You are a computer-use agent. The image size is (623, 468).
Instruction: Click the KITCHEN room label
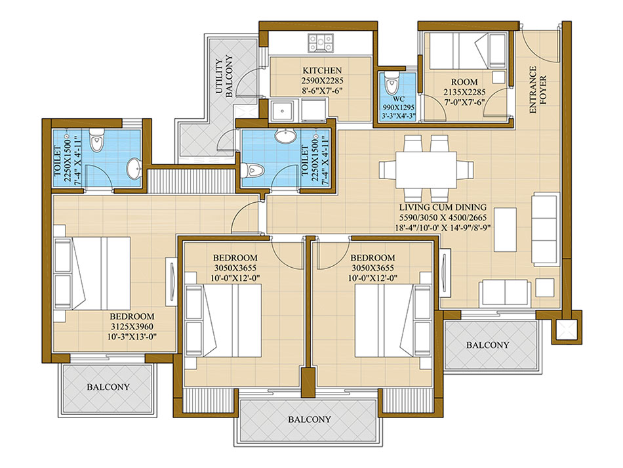322,70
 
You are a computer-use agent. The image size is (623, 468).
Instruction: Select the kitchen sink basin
283,110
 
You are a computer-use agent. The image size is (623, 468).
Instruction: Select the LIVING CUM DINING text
443,207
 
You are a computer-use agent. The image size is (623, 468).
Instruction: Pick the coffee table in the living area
505,230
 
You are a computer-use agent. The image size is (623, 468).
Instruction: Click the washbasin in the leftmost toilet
134,169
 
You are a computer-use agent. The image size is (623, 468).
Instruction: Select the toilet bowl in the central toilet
252,171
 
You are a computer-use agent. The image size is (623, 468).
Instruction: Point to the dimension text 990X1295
399,108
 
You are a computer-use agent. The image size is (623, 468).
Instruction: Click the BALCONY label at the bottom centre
310,419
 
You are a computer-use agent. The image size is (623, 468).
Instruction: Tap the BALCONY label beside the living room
487,345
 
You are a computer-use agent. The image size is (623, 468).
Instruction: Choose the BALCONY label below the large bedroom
108,387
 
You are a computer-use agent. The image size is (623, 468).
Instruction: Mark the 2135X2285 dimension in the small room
464,93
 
